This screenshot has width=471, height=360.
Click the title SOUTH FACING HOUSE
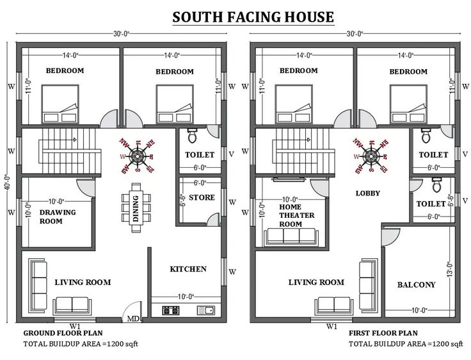(253, 17)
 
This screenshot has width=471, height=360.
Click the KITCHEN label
(188, 269)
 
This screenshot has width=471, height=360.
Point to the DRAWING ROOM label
(58, 217)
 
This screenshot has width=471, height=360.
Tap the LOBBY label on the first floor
(367, 193)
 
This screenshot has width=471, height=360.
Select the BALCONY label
(416, 285)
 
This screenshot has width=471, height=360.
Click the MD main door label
(133, 319)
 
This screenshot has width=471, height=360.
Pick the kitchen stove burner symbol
(170, 311)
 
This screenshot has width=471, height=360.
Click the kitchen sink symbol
(205, 311)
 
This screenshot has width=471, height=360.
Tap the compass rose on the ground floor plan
(136, 155)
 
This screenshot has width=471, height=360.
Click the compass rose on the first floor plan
(370, 155)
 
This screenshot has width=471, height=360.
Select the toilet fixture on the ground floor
(191, 136)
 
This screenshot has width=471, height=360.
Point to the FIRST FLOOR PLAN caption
(383, 333)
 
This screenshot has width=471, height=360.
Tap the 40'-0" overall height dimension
(7, 186)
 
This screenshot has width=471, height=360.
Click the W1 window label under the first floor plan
(331, 326)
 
